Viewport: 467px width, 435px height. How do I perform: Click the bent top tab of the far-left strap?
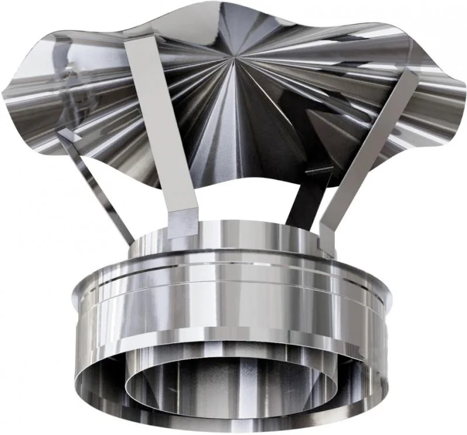(x=68, y=135)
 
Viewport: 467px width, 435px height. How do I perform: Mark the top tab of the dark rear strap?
(x=319, y=170)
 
